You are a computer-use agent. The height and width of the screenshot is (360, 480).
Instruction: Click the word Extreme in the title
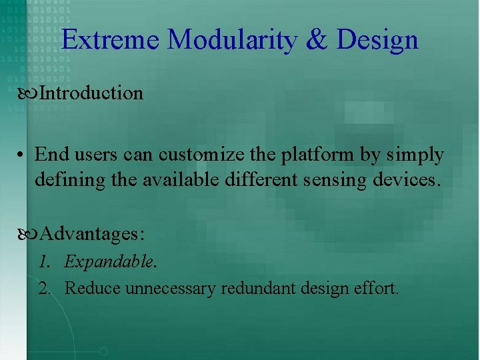(111, 40)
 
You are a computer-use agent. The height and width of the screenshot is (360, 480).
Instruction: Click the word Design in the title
(377, 40)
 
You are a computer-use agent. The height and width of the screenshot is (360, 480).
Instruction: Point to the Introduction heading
(91, 93)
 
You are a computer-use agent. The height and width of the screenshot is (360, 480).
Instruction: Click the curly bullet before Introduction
(30, 93)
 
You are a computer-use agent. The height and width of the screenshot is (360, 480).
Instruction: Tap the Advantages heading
(93, 235)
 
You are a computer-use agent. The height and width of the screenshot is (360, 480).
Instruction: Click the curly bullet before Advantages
(30, 235)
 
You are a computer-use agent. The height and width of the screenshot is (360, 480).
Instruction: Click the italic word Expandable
(109, 262)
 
